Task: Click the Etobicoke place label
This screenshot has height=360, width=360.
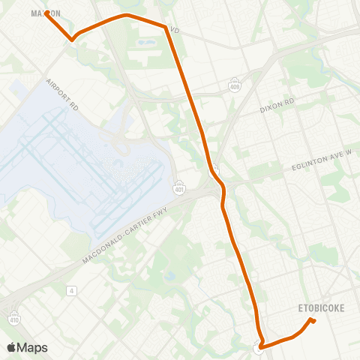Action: [321, 307]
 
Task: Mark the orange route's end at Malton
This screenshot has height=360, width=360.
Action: [46, 13]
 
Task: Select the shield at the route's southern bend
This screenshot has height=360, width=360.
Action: [258, 347]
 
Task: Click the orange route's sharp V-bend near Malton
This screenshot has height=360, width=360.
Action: [72, 39]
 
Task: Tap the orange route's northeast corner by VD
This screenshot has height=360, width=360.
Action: [166, 27]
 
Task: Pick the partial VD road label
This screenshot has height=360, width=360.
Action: [175, 31]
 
